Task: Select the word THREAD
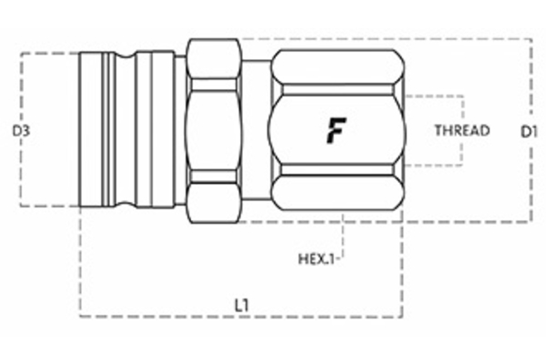click(461, 130)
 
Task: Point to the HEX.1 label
click(318, 258)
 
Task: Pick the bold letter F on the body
click(335, 131)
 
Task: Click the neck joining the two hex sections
click(256, 130)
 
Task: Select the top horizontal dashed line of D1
click(382, 38)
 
